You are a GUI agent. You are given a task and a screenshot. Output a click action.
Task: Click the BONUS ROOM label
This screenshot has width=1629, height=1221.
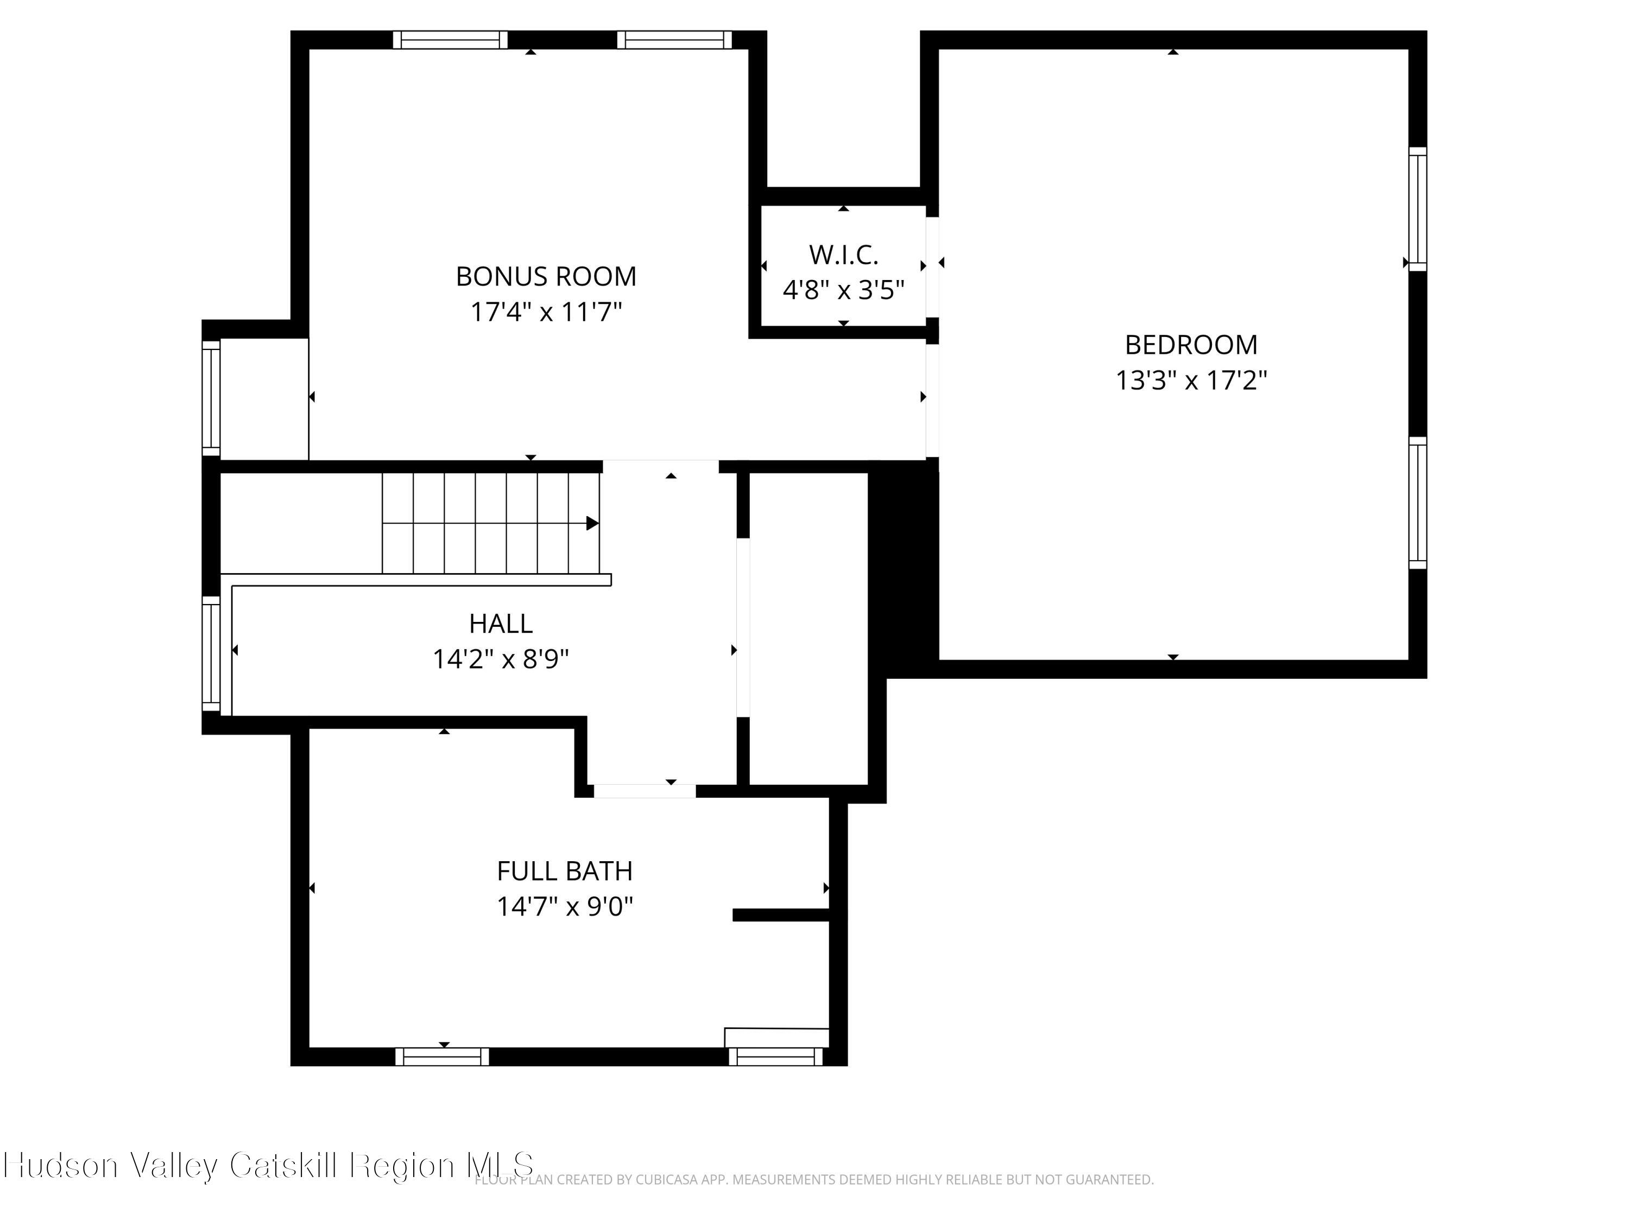pos(546,277)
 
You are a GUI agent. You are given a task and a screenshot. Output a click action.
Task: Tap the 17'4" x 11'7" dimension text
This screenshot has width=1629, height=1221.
pos(546,312)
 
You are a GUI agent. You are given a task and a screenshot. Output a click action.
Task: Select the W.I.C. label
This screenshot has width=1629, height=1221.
pos(843,256)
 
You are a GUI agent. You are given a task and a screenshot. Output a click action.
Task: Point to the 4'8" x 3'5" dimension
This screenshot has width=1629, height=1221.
pos(843,290)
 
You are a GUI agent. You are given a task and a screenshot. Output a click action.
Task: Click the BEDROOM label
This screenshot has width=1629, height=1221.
pos(1191,345)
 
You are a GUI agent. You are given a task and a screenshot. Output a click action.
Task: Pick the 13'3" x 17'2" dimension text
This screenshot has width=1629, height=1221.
pos(1191,380)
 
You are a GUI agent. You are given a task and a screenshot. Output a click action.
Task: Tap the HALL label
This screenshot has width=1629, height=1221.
pos(501,624)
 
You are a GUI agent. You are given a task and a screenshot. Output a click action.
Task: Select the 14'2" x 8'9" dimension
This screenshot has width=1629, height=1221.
pos(501,659)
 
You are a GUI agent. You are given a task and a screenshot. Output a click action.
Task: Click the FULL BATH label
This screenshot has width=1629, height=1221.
pos(564,872)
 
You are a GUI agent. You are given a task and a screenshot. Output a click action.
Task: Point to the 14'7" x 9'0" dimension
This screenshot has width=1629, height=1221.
pos(564,907)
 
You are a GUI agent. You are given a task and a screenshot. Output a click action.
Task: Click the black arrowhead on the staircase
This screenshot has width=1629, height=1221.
pos(592,523)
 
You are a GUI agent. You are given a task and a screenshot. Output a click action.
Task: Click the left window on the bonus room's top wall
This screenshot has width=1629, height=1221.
pos(450,40)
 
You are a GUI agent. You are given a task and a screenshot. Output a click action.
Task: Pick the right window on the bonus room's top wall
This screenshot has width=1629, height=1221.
pos(674,40)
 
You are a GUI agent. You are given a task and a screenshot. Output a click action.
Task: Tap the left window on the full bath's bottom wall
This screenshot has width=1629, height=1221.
pos(442,1057)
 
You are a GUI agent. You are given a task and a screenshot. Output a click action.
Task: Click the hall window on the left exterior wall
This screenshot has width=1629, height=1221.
pos(211,654)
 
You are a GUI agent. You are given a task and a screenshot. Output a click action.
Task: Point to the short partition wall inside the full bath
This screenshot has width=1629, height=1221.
pos(781,915)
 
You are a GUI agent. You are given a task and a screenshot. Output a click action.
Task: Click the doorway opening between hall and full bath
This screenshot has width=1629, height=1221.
pos(645,791)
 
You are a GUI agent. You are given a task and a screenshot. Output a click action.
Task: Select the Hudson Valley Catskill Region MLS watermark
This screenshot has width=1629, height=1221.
pos(269,1165)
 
